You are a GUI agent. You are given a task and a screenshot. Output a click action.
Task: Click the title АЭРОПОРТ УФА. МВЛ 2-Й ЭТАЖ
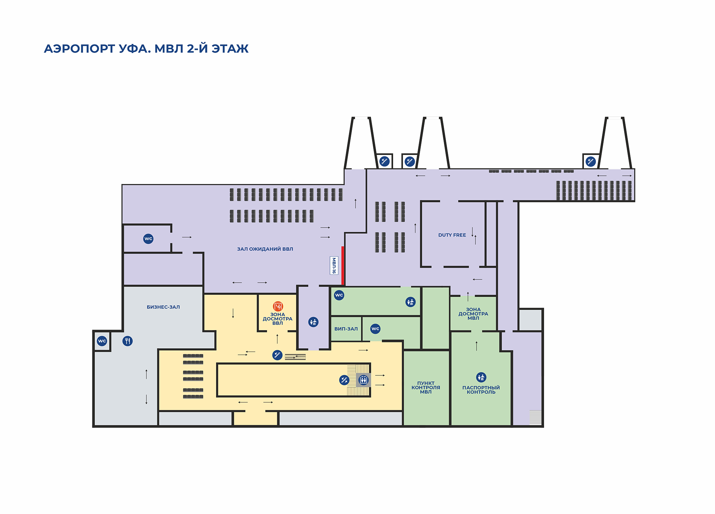(x=146, y=49)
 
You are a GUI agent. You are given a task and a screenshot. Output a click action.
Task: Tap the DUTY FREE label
(x=452, y=235)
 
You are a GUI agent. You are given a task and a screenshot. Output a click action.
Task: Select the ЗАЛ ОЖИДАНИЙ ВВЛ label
(x=265, y=249)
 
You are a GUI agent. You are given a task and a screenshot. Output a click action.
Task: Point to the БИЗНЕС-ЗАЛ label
(x=163, y=307)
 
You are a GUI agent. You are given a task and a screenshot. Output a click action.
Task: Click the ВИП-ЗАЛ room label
(x=346, y=329)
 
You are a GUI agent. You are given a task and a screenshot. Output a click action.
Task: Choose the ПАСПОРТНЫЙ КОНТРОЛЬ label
(x=481, y=390)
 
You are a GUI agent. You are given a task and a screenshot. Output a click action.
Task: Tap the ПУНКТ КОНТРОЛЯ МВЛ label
(x=426, y=388)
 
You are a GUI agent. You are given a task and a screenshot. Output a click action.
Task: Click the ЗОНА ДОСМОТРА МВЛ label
(x=473, y=314)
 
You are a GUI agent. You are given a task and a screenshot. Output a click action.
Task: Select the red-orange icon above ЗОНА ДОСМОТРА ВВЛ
(x=278, y=306)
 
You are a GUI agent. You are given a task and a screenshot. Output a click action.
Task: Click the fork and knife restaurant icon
(x=128, y=341)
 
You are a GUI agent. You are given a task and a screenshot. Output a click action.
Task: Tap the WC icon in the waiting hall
(x=148, y=239)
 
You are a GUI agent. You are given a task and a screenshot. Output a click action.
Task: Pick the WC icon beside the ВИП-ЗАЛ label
(x=375, y=328)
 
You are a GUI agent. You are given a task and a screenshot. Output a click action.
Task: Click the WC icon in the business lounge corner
(x=102, y=341)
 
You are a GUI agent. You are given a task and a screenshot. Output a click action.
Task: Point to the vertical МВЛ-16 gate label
(x=334, y=265)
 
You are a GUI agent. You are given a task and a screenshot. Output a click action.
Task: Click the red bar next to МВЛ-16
(x=343, y=265)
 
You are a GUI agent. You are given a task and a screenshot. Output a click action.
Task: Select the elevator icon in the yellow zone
(x=363, y=380)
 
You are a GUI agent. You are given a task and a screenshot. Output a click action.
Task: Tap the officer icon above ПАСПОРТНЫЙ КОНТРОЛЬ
(x=481, y=377)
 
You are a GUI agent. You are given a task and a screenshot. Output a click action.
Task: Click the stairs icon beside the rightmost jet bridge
(x=591, y=161)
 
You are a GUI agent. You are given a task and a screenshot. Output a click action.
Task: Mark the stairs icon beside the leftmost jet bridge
(x=384, y=161)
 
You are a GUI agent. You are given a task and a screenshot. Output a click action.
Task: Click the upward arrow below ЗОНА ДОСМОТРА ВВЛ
(x=277, y=338)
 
